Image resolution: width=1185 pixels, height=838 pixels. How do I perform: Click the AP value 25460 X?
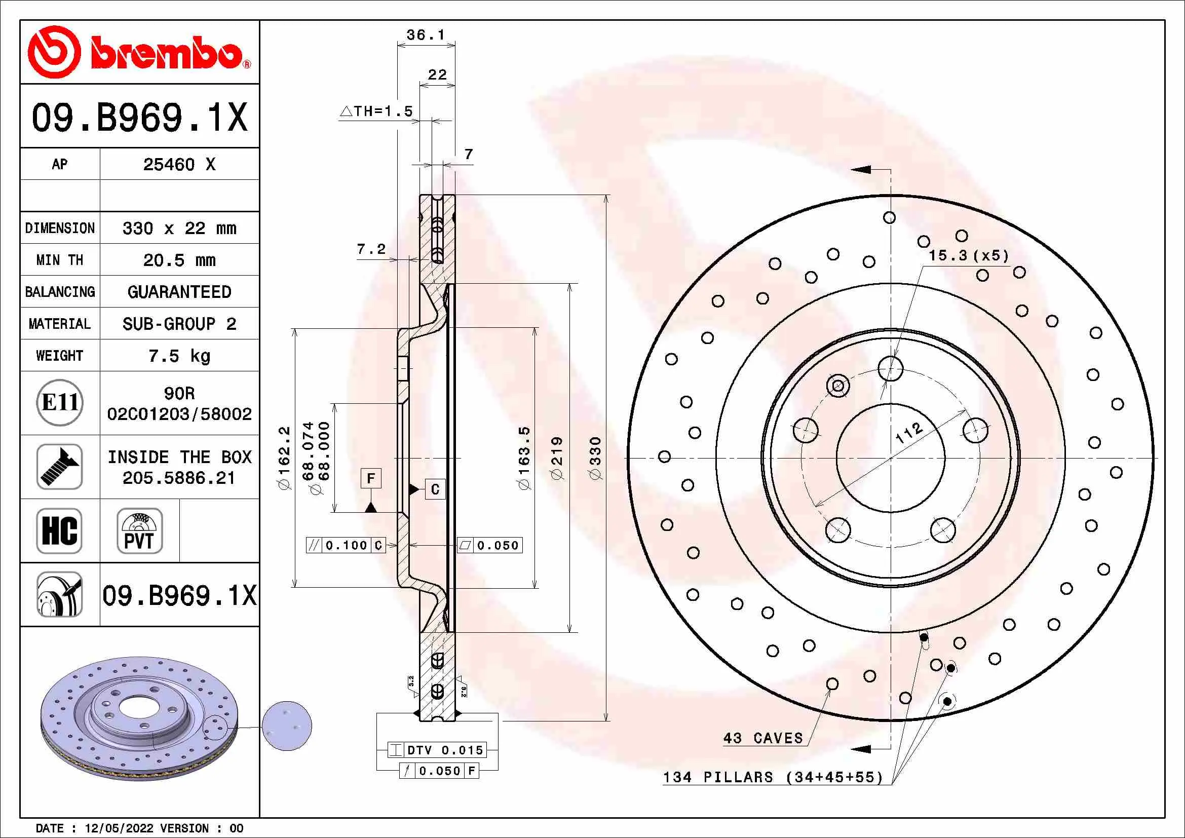[179, 165]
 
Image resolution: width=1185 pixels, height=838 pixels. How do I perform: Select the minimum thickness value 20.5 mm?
[179, 260]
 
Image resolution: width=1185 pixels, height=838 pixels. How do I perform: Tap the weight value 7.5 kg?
[179, 356]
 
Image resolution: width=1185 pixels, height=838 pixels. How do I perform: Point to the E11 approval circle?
[60, 402]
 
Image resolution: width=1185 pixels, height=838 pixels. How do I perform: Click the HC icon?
[60, 530]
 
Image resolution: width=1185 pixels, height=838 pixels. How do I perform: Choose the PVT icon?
[139, 530]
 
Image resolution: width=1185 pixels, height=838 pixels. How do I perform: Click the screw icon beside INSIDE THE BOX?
[60, 467]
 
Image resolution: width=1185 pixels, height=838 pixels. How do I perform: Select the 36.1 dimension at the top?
[425, 35]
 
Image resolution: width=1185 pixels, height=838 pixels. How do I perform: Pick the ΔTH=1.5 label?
[377, 111]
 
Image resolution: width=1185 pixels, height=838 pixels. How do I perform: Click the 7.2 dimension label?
[371, 249]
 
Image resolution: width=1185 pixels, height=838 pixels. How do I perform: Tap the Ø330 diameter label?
[596, 458]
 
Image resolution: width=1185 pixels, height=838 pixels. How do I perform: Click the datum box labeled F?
[370, 478]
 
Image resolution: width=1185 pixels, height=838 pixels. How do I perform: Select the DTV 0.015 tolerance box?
[444, 750]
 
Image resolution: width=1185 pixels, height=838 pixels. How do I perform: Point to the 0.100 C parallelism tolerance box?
[346, 546]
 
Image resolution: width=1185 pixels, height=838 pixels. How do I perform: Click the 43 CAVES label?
[763, 738]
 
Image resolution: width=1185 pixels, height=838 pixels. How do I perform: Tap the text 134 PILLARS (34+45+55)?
[773, 777]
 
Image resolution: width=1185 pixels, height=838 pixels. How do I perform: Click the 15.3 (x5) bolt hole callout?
[968, 256]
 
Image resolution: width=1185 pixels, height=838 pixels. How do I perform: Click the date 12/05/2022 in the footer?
[119, 828]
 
